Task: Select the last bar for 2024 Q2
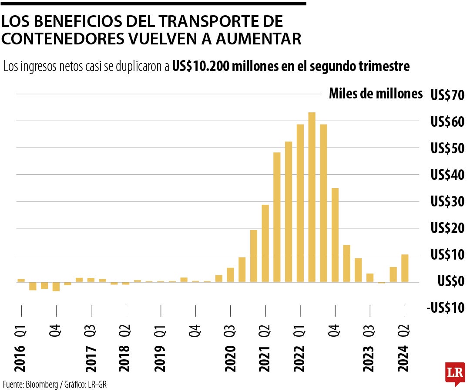(x=405, y=268)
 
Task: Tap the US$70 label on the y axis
(x=447, y=95)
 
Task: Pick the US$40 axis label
(x=447, y=175)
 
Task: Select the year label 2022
(x=300, y=359)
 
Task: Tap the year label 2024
(x=405, y=359)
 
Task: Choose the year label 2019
(x=160, y=359)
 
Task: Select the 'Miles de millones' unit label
(x=376, y=94)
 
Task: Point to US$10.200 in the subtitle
(x=201, y=66)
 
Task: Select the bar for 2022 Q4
(x=335, y=235)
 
